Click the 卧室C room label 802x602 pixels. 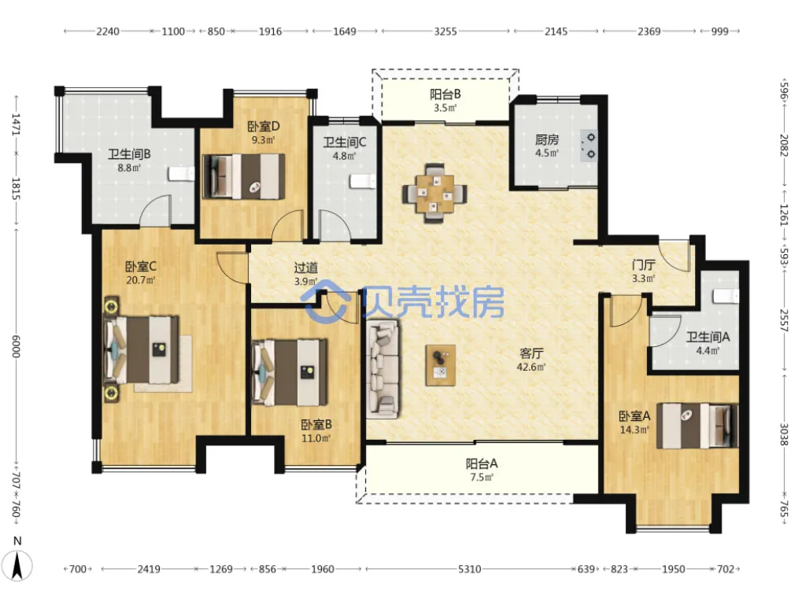(141, 267)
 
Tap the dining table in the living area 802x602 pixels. (434, 194)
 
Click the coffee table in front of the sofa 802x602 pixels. (441, 364)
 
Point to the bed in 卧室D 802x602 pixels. (244, 176)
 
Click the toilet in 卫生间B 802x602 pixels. (182, 174)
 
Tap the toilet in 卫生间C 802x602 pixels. (363, 181)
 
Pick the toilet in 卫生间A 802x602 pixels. (726, 296)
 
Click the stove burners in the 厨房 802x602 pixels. (589, 146)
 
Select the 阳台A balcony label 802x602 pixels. (482, 464)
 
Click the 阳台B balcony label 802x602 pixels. (445, 94)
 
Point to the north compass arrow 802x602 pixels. (17, 567)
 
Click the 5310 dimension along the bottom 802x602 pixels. (469, 569)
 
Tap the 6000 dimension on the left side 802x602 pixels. (16, 346)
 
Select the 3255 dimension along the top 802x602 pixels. (445, 31)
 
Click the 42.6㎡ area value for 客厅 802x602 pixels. (531, 367)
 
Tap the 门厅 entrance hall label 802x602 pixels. (644, 265)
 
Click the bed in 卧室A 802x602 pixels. (697, 426)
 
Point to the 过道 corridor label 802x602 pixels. (306, 268)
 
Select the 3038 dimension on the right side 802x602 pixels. (784, 434)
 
